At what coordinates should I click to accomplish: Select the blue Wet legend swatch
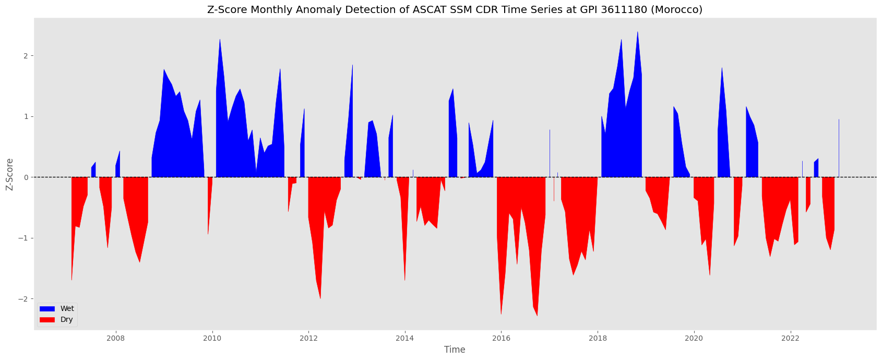[47, 309]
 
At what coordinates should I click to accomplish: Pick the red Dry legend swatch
[47, 320]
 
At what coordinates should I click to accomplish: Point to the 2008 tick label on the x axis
[116, 339]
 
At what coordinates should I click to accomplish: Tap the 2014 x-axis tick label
[405, 339]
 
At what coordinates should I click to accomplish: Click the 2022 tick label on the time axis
[790, 339]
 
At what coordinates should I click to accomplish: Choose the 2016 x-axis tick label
[501, 339]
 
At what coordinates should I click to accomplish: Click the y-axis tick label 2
[26, 56]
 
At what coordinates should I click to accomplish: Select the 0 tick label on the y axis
[26, 177]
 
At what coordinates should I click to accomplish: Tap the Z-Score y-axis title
[9, 174]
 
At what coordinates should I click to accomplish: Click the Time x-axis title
[455, 350]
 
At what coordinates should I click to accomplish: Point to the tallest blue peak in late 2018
[637, 32]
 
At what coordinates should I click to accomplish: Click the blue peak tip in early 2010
[220, 39]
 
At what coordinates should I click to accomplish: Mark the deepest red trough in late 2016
[537, 316]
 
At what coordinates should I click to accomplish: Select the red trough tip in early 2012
[320, 298]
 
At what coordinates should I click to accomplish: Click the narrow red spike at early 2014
[405, 280]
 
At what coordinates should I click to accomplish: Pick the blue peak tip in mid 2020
[722, 68]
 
